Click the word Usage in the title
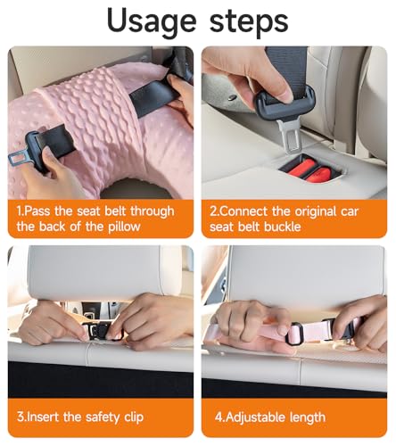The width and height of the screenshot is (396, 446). coord(152,21)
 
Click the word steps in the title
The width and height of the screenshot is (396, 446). coord(249,21)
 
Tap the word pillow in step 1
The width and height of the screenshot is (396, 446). coord(124,227)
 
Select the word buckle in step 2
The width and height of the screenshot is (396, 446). coord(283,227)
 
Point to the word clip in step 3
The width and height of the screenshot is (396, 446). coord(134,417)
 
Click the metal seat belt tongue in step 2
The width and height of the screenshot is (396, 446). coord(288,136)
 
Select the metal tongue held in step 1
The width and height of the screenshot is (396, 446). coord(19,158)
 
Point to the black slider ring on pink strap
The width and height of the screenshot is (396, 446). coord(294,333)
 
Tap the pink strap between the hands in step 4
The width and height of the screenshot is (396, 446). coord(314,331)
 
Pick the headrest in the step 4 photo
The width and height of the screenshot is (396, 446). coord(306,275)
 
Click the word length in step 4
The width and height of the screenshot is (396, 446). coord(308,417)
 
